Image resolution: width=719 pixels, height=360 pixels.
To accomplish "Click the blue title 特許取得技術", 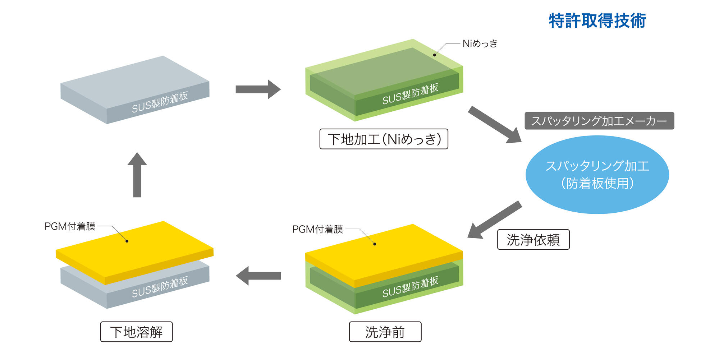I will click(x=597, y=20).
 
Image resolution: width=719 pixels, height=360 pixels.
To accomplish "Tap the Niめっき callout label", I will click(x=480, y=43).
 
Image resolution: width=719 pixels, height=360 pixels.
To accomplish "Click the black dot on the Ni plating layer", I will click(x=434, y=55).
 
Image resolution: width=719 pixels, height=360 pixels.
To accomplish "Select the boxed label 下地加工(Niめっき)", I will click(x=384, y=139).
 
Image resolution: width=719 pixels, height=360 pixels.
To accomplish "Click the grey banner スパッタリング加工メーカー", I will click(x=599, y=121).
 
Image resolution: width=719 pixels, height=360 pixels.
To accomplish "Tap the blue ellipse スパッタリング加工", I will click(x=597, y=175).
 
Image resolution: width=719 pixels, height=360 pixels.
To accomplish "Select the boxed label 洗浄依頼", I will click(x=533, y=240).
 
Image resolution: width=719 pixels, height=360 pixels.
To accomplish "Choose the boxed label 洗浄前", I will click(x=385, y=332).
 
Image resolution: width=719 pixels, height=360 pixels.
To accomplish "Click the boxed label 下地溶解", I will click(x=136, y=332).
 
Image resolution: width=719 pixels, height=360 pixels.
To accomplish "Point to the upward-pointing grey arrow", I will click(x=137, y=175).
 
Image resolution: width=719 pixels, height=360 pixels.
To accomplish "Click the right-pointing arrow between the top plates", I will click(x=258, y=89).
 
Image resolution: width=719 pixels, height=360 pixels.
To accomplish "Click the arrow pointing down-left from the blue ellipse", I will click(x=495, y=220).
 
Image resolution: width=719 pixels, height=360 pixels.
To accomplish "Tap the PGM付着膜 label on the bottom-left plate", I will click(x=70, y=226).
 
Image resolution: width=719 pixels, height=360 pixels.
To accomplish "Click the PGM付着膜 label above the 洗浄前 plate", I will click(x=318, y=229).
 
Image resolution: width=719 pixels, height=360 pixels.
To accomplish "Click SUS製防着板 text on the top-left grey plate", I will click(x=160, y=102).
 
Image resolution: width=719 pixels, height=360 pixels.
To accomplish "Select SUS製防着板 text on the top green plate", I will click(x=410, y=94).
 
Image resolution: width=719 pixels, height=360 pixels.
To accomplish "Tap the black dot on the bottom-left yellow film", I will click(x=127, y=241).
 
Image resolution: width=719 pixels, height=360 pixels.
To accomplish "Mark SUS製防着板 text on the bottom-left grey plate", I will click(x=160, y=287).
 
